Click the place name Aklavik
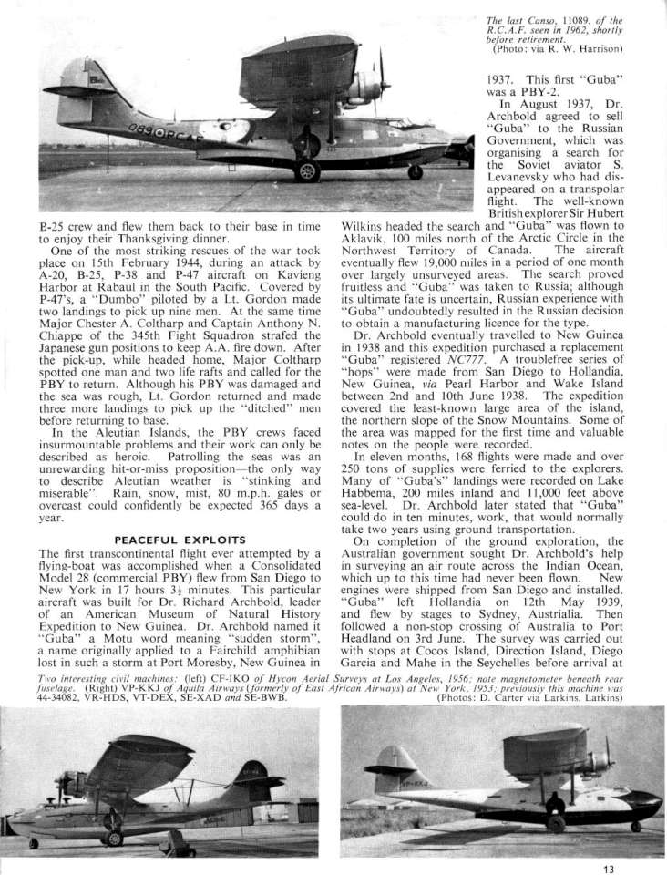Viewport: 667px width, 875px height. click(x=368, y=236)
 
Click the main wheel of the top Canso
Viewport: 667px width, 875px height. click(x=308, y=170)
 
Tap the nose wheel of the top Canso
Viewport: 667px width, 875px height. click(x=415, y=170)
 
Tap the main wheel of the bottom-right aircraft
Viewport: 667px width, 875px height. click(x=555, y=822)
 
